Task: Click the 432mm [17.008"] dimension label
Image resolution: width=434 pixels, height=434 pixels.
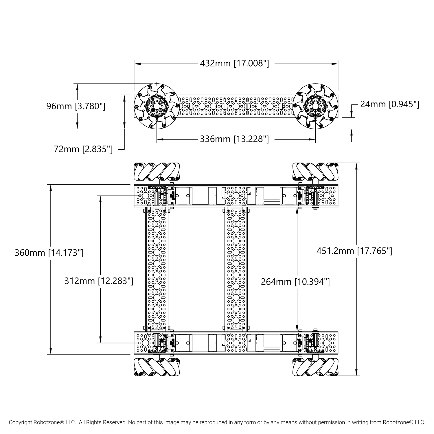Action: point(234,63)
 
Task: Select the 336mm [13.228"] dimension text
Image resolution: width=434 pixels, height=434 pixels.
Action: point(234,139)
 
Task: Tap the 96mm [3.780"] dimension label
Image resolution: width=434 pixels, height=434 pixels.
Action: point(76,106)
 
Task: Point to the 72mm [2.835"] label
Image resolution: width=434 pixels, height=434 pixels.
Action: point(83,149)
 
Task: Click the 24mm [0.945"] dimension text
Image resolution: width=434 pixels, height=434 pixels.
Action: point(389,104)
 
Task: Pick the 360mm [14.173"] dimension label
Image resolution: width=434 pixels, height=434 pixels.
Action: point(49,253)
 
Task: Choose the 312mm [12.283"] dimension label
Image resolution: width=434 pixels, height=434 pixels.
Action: point(99,281)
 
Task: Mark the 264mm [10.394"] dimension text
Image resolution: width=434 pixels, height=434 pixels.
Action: point(295,282)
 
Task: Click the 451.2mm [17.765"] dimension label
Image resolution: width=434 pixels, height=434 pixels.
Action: point(354,251)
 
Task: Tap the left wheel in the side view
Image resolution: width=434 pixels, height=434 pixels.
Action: point(157,106)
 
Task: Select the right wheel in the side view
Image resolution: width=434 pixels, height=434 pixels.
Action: point(315,106)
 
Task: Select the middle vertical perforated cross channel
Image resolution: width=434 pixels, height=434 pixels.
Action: point(236,269)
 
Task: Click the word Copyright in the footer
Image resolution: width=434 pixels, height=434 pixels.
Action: point(20,422)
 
